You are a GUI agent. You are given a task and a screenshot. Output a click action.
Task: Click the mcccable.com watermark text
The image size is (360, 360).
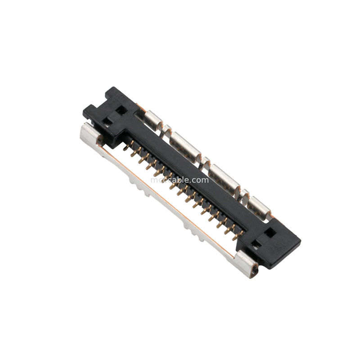coord(180,180)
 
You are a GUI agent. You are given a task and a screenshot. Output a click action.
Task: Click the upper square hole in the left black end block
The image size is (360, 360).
coord(121,110)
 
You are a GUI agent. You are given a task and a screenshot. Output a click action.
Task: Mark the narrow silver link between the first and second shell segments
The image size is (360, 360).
coord(167,130)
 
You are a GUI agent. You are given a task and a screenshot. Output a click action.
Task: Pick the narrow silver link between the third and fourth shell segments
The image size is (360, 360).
coord(244,193)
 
